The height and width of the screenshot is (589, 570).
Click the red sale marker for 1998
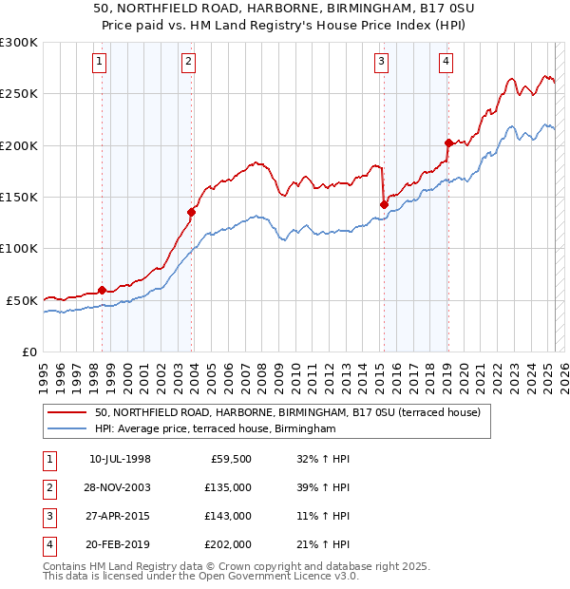pos(102,290)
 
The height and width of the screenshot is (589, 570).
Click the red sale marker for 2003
pos(191,213)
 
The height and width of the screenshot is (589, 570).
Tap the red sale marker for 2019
pos(447,143)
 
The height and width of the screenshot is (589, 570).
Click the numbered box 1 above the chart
pos(100,63)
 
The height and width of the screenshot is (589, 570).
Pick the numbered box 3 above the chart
pos(381,63)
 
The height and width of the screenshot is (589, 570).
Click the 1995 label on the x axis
pos(44,372)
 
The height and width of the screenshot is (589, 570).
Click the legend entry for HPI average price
pos(216,429)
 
